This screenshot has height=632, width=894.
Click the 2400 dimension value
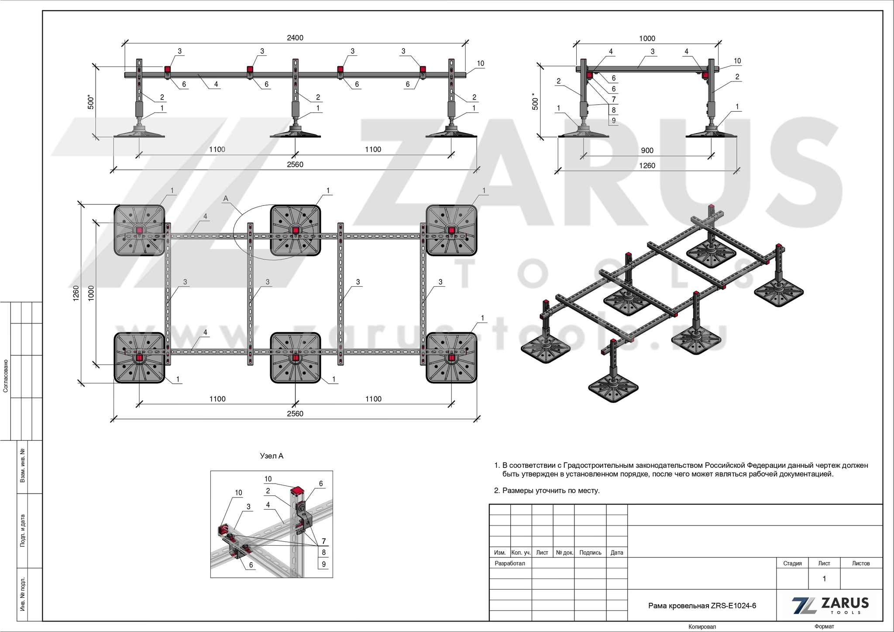[295, 38]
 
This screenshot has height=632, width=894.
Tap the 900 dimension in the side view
[647, 151]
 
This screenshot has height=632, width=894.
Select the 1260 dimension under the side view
[647, 166]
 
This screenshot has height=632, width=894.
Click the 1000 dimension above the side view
[647, 38]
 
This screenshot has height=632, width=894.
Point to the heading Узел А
[272, 456]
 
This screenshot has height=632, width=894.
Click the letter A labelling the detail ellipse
[226, 199]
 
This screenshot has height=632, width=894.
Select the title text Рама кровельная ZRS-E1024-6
[702, 606]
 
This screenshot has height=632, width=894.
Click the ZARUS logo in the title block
[830, 605]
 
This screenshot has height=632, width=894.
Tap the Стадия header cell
[792, 563]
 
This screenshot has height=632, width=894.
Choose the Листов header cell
[861, 563]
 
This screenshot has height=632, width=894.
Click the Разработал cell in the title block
[510, 563]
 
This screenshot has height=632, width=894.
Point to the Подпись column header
[590, 553]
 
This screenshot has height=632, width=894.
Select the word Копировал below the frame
[702, 627]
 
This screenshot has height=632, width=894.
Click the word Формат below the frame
[824, 627]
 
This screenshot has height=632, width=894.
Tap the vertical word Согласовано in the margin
[6, 376]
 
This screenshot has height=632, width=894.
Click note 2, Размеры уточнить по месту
[547, 491]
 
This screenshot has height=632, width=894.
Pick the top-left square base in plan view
[139, 230]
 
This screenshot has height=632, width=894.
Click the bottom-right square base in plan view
[451, 358]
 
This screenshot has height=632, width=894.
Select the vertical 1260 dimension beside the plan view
[76, 293]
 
